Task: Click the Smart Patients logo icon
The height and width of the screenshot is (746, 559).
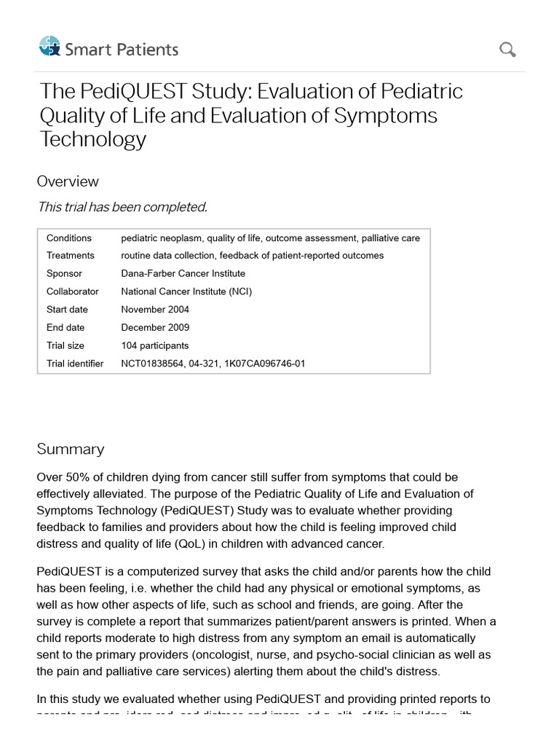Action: [x=49, y=47]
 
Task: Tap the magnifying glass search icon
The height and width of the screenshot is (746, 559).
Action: [x=507, y=50]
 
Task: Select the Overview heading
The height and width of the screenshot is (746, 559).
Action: [x=68, y=181]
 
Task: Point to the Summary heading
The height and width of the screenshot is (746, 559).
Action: [x=71, y=449]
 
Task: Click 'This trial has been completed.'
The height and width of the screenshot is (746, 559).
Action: [x=122, y=207]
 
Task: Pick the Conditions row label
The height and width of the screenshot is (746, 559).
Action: [x=69, y=238]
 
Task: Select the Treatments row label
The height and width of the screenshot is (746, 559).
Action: [x=71, y=256]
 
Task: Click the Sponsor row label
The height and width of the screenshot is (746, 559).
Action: [x=64, y=274]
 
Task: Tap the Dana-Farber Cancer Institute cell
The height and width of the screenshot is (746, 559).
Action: [x=183, y=274]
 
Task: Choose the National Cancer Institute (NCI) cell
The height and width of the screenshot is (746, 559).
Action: [x=186, y=291]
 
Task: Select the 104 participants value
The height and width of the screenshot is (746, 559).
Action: [x=154, y=345]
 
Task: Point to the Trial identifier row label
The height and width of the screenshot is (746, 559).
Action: [x=75, y=364]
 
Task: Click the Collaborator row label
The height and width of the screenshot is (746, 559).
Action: [x=72, y=291]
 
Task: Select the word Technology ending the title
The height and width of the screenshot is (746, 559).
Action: [x=93, y=139]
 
